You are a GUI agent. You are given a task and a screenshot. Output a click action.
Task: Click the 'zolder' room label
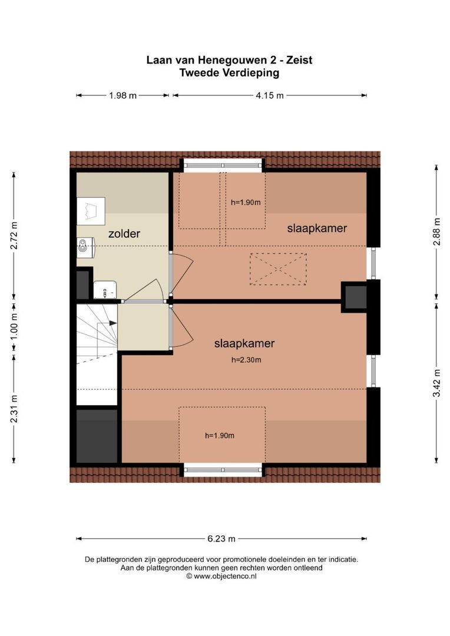pyautogui.click(x=124, y=234)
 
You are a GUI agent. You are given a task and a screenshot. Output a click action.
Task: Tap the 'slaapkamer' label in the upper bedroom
pyautogui.click(x=317, y=228)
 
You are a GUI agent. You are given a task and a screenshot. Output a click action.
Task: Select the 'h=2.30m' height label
pyautogui.click(x=246, y=360)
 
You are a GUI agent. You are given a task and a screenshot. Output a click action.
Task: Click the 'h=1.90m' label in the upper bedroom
pyautogui.click(x=246, y=202)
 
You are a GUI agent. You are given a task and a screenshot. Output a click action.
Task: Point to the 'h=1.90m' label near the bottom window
pyautogui.click(x=220, y=436)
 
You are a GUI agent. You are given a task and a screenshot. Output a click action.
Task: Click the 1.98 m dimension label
pyautogui.click(x=123, y=95)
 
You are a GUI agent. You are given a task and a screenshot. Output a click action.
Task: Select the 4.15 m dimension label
pyautogui.click(x=270, y=95)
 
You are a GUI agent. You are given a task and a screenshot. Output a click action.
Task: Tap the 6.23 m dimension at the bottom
pyautogui.click(x=221, y=538)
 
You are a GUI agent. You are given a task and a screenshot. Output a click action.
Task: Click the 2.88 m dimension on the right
pyautogui.click(x=436, y=231)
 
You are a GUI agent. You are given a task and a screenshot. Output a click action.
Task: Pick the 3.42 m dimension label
pyautogui.click(x=436, y=383)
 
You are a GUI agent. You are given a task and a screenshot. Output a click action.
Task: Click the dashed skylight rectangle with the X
pyautogui.click(x=278, y=269)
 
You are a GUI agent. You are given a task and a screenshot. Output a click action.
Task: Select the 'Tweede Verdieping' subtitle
pyautogui.click(x=230, y=73)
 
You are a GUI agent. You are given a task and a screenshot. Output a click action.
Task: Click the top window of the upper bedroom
pyautogui.click(x=221, y=164)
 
